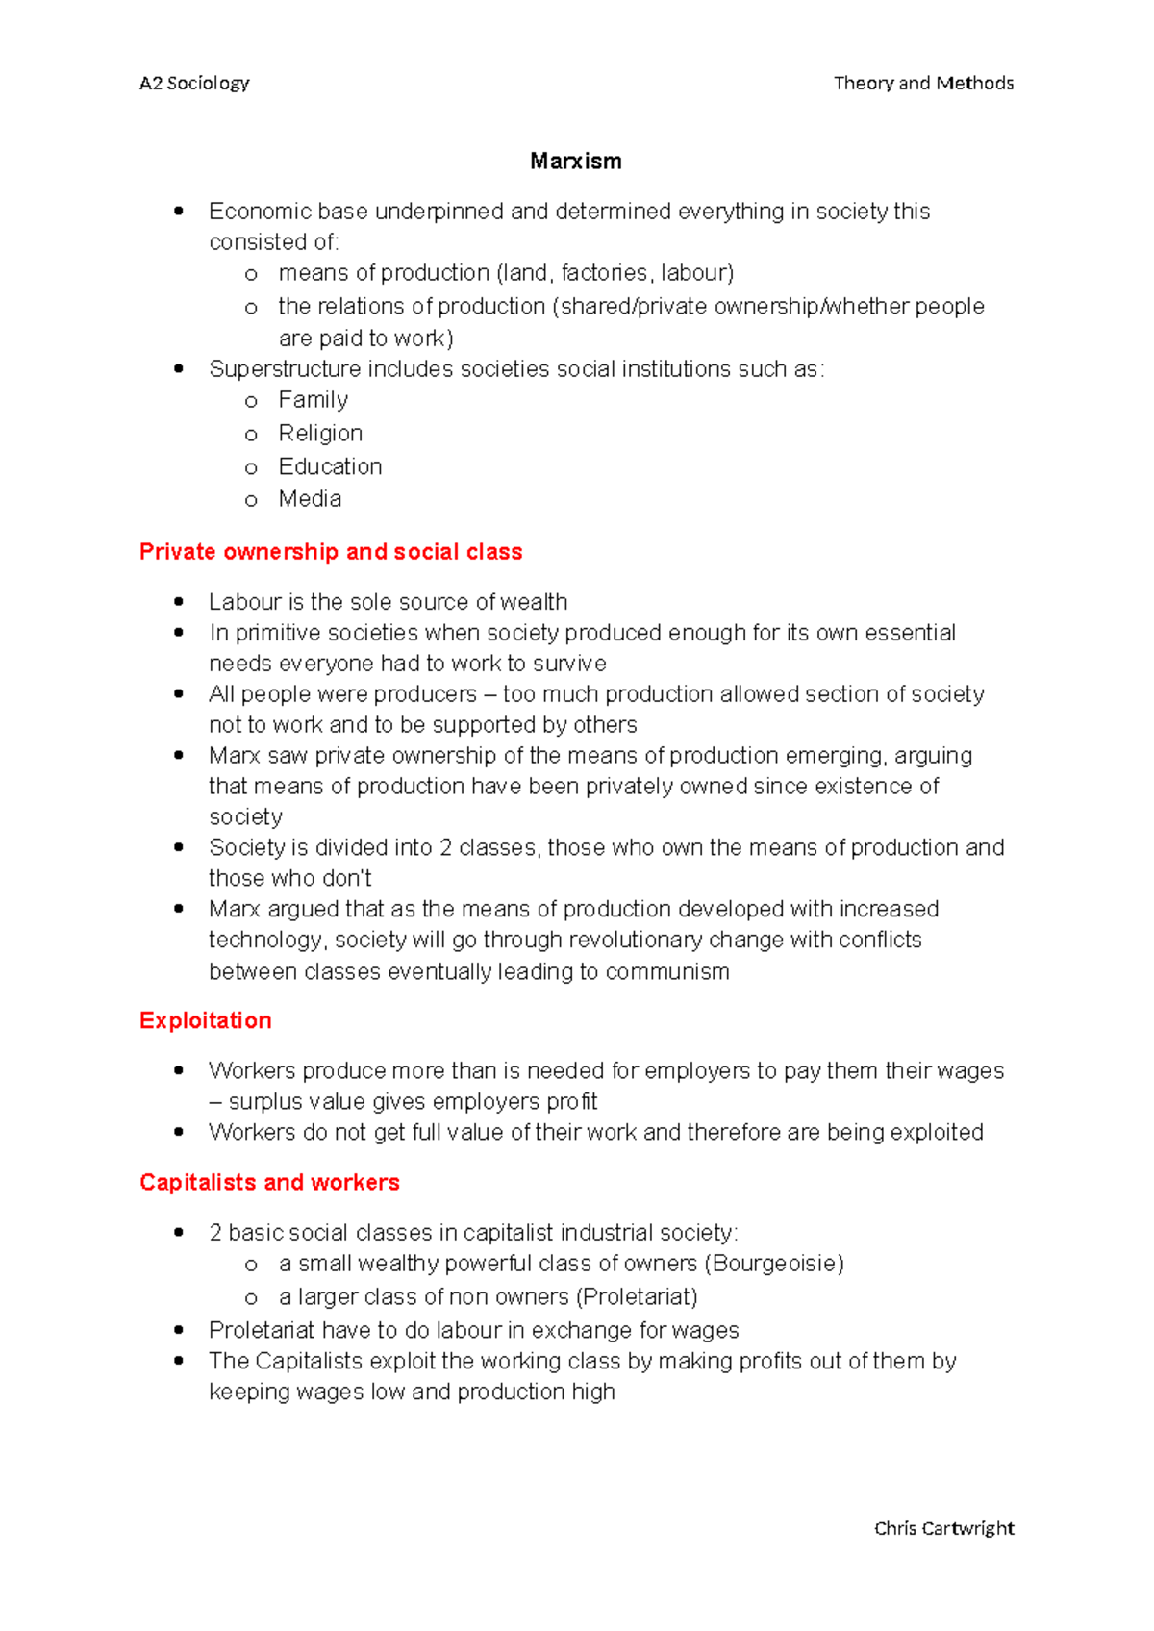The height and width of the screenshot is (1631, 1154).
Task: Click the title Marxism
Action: tap(575, 162)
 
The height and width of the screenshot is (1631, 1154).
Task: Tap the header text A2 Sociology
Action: tap(194, 84)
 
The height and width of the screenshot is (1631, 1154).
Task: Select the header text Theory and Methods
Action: tap(923, 84)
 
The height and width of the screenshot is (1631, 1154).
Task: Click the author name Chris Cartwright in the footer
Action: tap(943, 1528)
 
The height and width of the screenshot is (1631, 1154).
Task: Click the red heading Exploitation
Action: tap(205, 1020)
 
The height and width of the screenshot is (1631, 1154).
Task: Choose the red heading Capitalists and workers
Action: tap(269, 1182)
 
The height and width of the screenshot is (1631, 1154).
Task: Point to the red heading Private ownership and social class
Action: tap(331, 552)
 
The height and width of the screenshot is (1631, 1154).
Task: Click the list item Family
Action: tap(313, 400)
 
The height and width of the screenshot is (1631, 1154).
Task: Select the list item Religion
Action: tap(320, 434)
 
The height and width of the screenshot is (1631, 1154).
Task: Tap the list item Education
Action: tap(330, 466)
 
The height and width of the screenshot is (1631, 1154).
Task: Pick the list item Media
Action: tap(310, 499)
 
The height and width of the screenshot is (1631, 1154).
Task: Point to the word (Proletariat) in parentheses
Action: tap(637, 1297)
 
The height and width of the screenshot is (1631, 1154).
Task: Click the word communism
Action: tap(667, 972)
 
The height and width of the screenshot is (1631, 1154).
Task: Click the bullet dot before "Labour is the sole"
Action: tap(179, 602)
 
